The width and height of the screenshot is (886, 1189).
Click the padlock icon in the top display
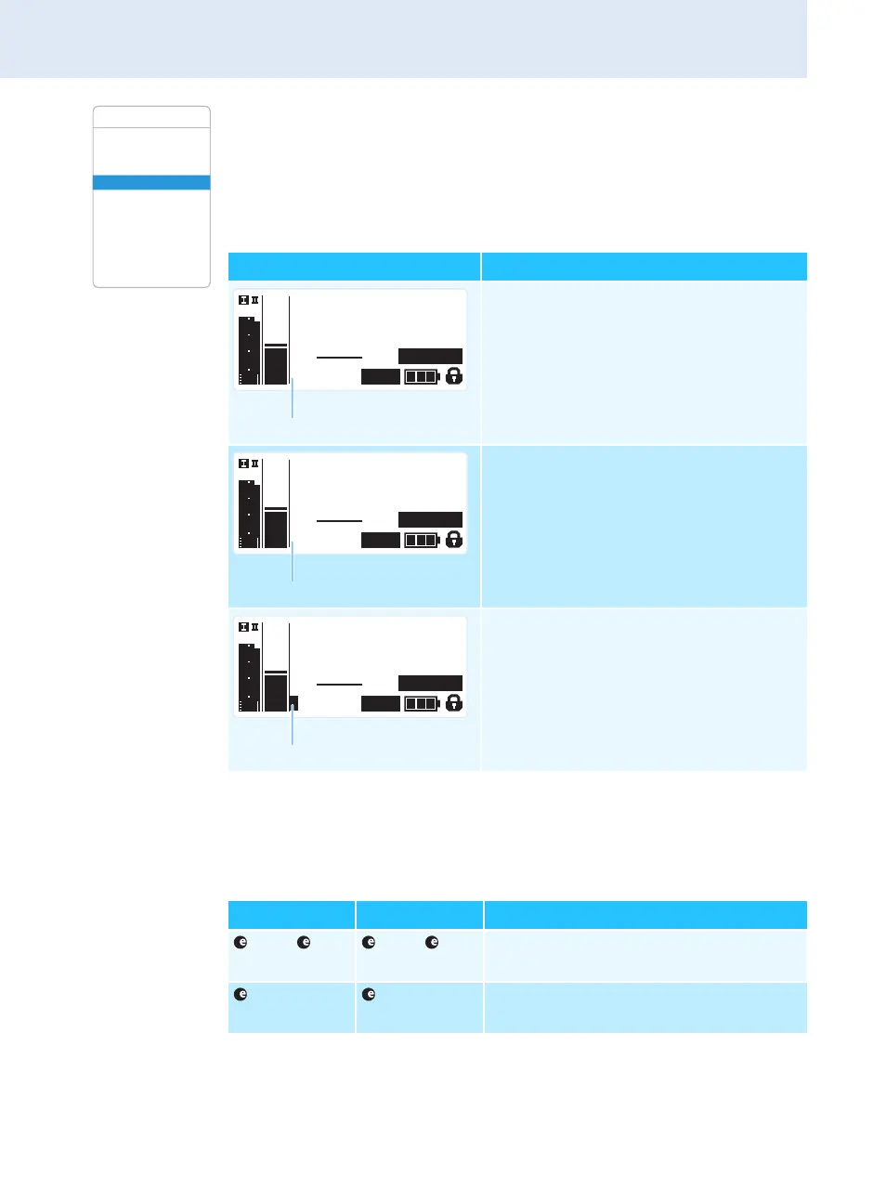(x=454, y=376)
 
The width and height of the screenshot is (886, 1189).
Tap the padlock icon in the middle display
(x=454, y=540)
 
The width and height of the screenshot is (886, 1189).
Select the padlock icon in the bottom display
(x=454, y=703)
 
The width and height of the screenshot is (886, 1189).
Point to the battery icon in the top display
(x=422, y=377)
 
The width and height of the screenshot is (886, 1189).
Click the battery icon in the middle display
(x=422, y=541)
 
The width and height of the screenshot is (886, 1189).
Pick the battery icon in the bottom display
(x=422, y=703)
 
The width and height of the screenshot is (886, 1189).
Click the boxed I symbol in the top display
(x=243, y=300)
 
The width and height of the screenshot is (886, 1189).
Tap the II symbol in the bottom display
(x=255, y=627)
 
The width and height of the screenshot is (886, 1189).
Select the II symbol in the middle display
(x=255, y=464)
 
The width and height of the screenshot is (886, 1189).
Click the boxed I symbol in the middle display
(x=243, y=464)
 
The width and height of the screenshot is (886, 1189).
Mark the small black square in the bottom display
(x=293, y=703)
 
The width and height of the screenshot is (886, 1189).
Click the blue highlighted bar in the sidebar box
(x=151, y=182)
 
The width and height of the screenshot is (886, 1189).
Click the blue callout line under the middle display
(x=293, y=564)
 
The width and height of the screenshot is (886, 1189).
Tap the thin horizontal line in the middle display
(x=339, y=520)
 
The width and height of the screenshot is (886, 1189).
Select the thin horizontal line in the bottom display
(x=339, y=684)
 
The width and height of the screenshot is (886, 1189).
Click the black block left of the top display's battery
(x=381, y=377)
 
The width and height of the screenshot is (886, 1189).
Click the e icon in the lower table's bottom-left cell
(x=241, y=995)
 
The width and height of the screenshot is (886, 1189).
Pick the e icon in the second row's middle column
(x=369, y=995)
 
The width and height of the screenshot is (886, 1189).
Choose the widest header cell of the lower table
(x=645, y=915)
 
